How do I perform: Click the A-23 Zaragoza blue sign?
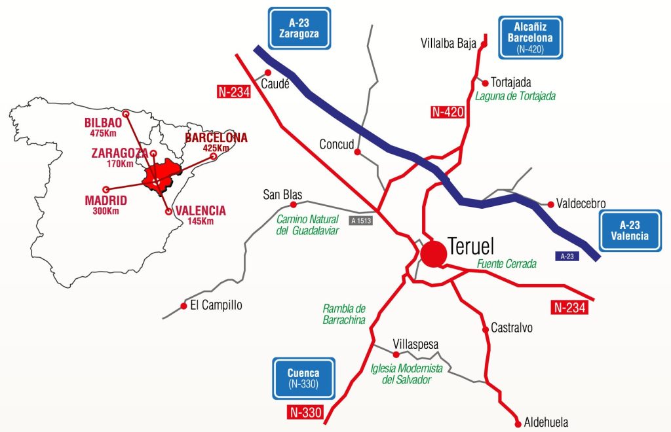click(299, 28)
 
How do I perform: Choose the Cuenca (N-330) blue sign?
click(303, 378)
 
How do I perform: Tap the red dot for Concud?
click(357, 152)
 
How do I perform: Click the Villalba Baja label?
click(447, 44)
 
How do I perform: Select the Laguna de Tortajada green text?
click(515, 96)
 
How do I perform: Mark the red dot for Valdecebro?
click(550, 204)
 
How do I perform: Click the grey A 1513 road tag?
click(361, 221)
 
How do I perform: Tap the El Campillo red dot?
click(183, 306)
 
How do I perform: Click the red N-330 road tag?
click(305, 412)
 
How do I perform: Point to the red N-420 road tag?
click(448, 112)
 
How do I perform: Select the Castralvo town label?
click(512, 329)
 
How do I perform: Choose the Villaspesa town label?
click(415, 344)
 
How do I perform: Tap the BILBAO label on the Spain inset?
click(103, 122)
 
